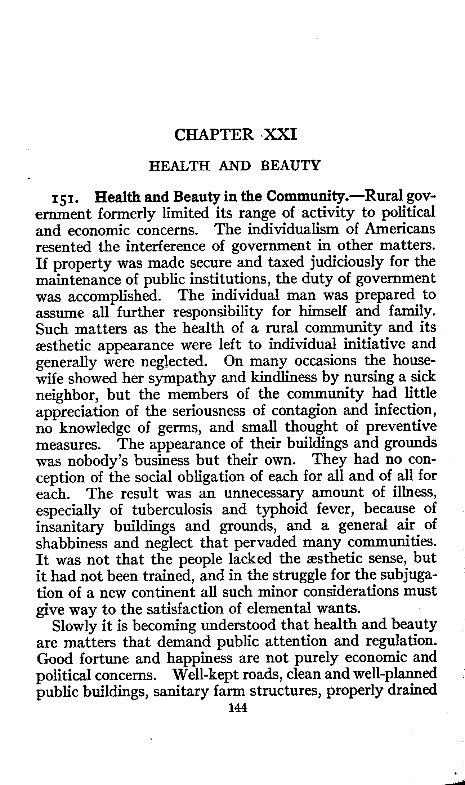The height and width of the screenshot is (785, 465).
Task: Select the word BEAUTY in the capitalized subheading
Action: [290, 166]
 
